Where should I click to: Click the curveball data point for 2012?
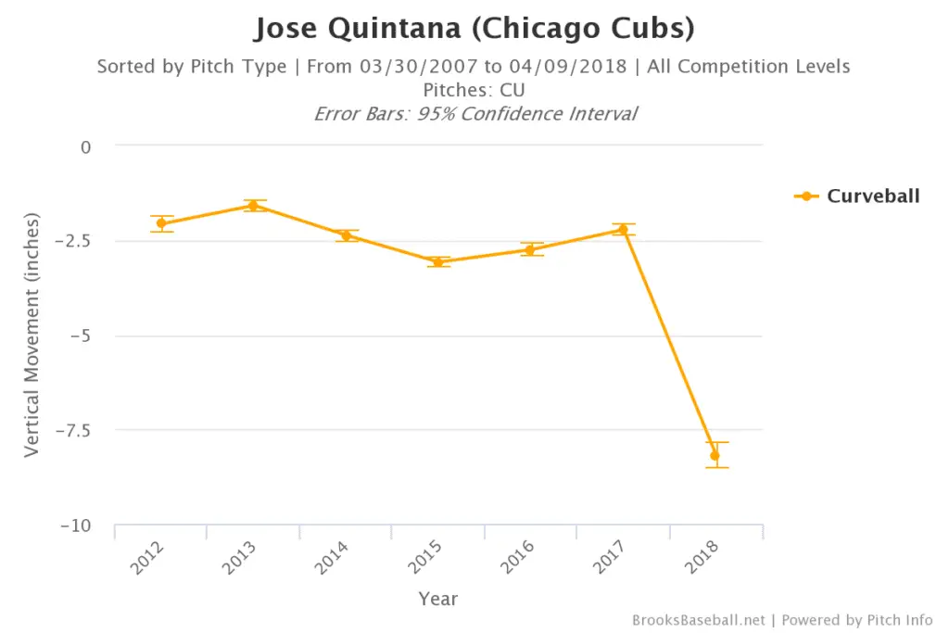[x=161, y=223]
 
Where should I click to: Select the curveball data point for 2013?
[x=253, y=206]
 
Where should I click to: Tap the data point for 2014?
[x=346, y=235]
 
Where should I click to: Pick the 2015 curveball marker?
[x=438, y=262]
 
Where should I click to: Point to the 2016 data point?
[x=530, y=249]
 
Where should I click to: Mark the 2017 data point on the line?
[x=623, y=230]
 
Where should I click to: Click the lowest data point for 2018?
[x=715, y=455]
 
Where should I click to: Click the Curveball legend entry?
[x=857, y=196]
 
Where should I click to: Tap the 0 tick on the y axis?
[x=86, y=146]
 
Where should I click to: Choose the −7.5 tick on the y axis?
[x=74, y=430]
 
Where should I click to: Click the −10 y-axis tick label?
[x=76, y=525]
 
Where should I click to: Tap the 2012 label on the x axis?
[x=148, y=559]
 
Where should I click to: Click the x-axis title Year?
[x=437, y=599]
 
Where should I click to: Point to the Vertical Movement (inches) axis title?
[x=32, y=335]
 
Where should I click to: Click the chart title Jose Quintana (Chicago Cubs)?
[x=474, y=28]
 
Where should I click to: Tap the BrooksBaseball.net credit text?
[x=700, y=620]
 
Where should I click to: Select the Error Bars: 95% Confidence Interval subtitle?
[x=474, y=114]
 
